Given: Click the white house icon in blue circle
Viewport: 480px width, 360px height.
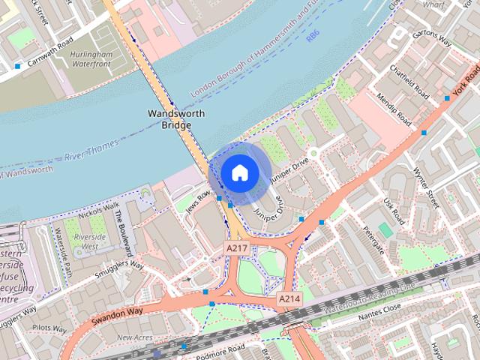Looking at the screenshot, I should point(239,172).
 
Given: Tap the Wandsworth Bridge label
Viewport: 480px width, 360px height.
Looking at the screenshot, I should point(170,118).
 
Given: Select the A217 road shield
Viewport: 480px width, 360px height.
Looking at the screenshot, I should point(236,247).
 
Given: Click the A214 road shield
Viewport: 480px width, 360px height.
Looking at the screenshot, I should point(289,298).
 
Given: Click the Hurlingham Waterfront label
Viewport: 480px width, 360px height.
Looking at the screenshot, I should point(91,60).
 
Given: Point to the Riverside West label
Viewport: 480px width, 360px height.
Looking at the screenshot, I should point(89,241).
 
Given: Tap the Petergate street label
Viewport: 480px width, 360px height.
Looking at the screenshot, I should point(372,238).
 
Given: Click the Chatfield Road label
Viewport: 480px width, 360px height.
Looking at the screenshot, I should point(409,82).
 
